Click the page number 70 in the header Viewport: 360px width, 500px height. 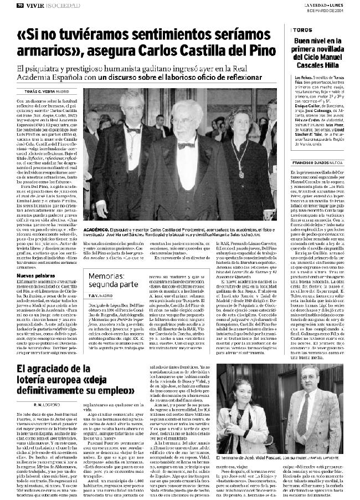pyautogui.click(x=5, y=4)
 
